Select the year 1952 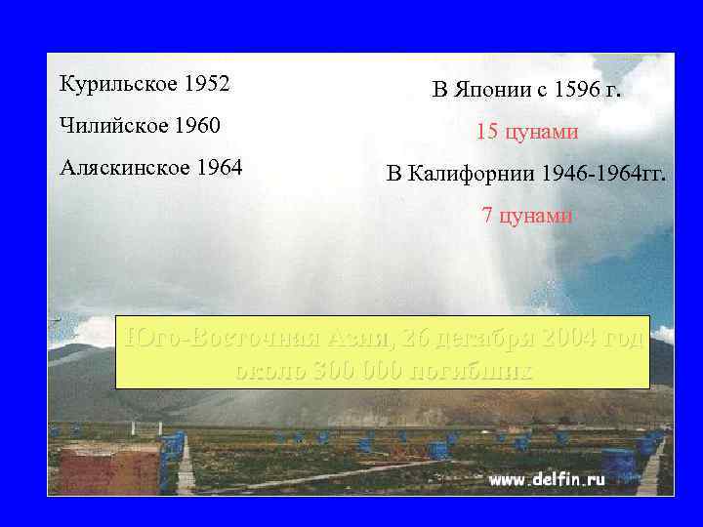pos(206,84)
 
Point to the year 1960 pos(196,126)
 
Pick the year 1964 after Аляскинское pos(219,167)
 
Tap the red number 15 pos(487,131)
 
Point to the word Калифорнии pos(470,175)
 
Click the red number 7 pos(488,216)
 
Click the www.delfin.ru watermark pos(547,479)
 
